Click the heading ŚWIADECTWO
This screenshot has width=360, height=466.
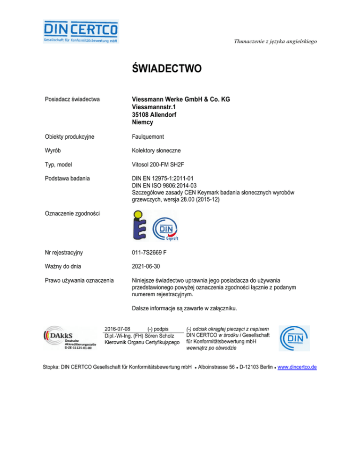(166, 69)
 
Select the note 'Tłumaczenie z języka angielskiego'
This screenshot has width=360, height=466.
(276, 41)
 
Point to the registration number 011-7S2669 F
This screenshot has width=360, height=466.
(157, 253)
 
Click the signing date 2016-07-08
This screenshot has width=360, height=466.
(117, 329)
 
